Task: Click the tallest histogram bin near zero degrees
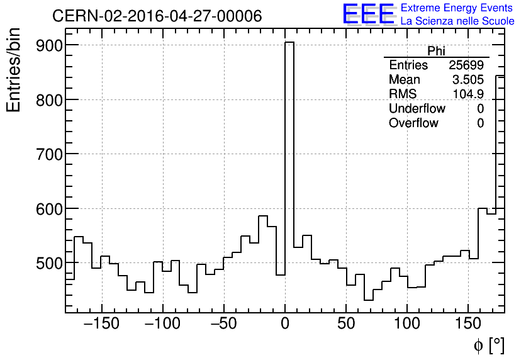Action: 289,157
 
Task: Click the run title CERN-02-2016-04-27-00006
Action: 157,16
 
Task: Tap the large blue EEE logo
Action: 368,14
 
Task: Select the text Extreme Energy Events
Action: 457,8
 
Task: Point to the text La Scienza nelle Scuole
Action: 457,21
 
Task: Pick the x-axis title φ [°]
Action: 489,345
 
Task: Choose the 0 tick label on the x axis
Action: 285,325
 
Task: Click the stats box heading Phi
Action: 436,51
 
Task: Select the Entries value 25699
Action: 466,65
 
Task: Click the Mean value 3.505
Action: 468,80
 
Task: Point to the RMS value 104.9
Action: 468,94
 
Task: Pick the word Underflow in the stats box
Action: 417,109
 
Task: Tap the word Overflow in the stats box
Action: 413,123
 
